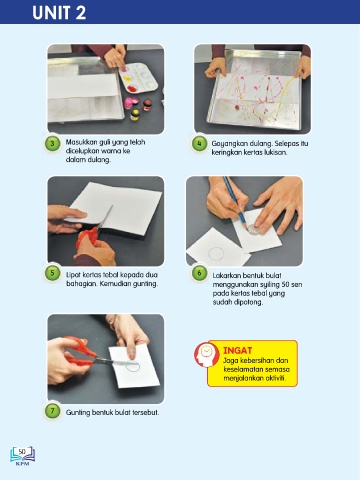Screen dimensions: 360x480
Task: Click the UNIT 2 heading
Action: [59, 13]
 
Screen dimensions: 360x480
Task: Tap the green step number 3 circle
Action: [52, 144]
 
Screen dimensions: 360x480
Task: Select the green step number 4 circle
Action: [199, 144]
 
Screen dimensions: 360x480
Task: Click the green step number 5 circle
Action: [52, 273]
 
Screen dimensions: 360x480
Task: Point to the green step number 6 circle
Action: [199, 273]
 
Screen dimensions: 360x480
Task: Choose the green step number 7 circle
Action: [52, 411]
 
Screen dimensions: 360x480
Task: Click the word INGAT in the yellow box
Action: [237, 350]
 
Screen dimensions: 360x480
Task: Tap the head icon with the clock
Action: [206, 355]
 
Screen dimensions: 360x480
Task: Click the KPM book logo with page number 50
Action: [22, 455]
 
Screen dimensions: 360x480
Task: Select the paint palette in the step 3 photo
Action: [139, 78]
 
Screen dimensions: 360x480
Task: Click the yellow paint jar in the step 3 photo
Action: [135, 115]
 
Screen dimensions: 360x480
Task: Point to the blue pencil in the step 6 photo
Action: [234, 201]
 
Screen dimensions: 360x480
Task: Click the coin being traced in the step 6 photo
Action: [254, 229]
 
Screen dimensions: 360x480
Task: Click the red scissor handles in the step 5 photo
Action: [87, 237]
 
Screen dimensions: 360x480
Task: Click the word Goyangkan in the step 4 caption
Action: [230, 144]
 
